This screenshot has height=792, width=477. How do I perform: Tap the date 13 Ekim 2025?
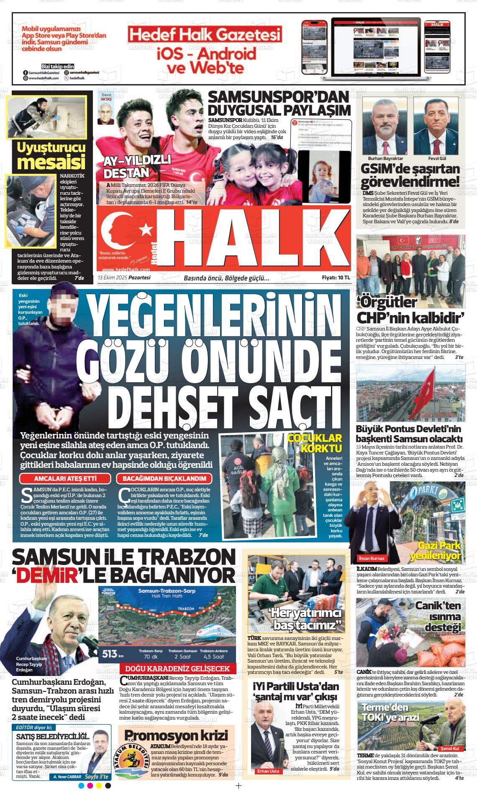point(112,277)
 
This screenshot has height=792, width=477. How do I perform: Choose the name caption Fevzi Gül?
point(437,159)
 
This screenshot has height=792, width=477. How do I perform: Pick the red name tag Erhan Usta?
point(268,771)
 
